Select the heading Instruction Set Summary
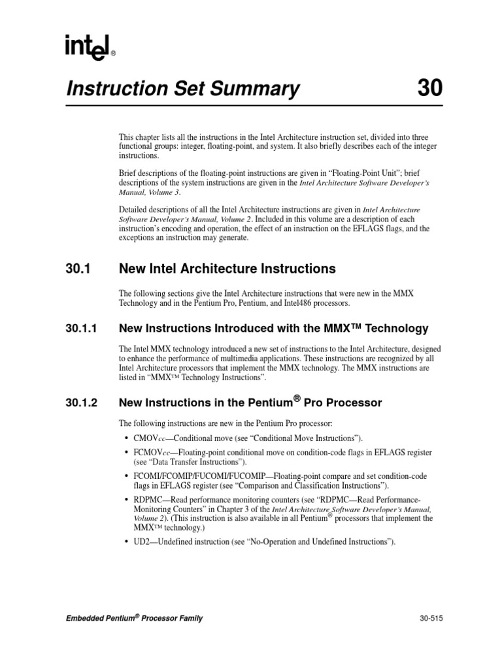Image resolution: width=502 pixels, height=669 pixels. pyautogui.click(x=183, y=89)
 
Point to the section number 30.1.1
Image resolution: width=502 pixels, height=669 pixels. pyautogui.click(x=82, y=329)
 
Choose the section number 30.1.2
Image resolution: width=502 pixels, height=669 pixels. pyautogui.click(x=82, y=403)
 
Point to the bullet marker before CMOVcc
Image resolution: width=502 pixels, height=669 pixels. pyautogui.click(x=125, y=437)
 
